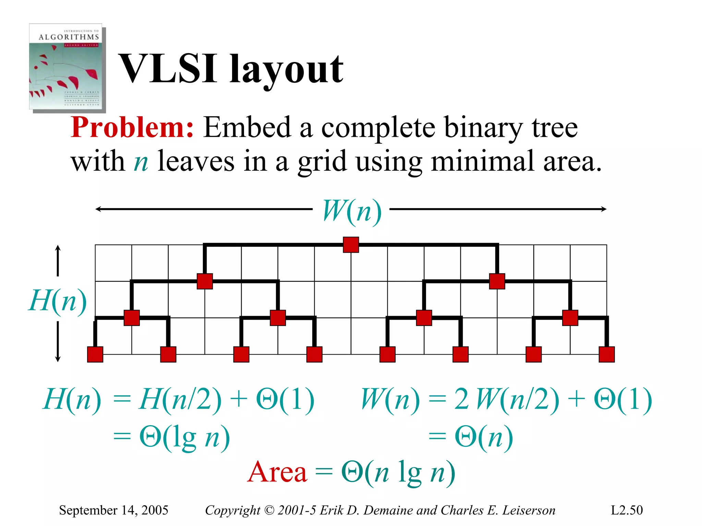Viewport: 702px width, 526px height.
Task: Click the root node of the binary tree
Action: pos(351,245)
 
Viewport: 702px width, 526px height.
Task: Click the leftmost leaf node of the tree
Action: pos(95,354)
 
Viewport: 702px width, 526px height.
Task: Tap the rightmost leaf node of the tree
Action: pos(606,354)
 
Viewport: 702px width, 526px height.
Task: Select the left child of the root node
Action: pos(205,281)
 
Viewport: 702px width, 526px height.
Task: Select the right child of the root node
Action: pos(497,281)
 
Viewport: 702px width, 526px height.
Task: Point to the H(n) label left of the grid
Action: pos(58,301)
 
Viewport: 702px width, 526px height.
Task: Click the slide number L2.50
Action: pos(627,510)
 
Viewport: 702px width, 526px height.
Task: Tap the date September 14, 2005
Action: pos(113,510)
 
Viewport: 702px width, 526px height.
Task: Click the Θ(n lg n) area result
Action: pos(398,472)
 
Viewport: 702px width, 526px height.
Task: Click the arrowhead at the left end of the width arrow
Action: pos(97,209)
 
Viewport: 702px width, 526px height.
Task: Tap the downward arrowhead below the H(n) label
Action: pos(58,359)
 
